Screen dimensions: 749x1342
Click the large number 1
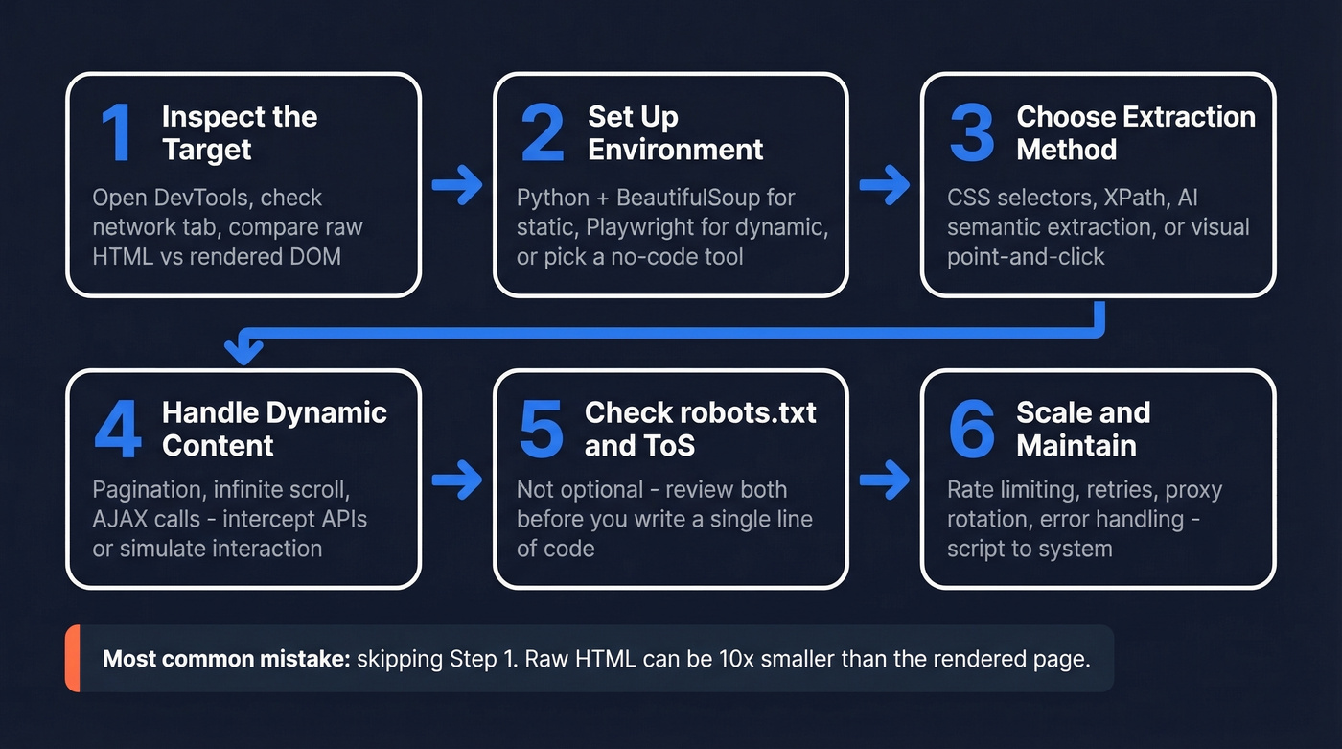117,134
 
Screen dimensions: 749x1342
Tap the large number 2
543,134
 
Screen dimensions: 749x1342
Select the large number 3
972,134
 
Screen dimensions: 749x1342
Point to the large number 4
117,430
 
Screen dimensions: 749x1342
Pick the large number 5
542,430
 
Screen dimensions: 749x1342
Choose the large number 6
972,430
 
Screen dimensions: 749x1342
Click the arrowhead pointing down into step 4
243,351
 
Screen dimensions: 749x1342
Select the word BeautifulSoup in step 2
685,198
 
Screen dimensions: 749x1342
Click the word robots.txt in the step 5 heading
748,412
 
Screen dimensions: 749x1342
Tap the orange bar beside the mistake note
72,658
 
